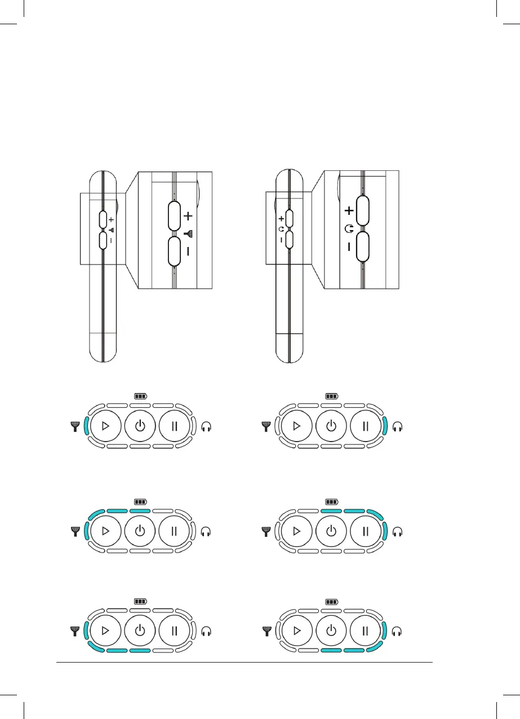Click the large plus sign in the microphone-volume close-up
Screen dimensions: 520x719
188,215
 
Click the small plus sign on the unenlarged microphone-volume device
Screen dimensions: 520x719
111,219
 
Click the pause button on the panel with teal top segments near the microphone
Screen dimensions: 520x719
174,531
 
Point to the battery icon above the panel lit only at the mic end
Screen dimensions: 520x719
140,396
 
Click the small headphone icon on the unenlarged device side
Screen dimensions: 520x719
281,230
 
